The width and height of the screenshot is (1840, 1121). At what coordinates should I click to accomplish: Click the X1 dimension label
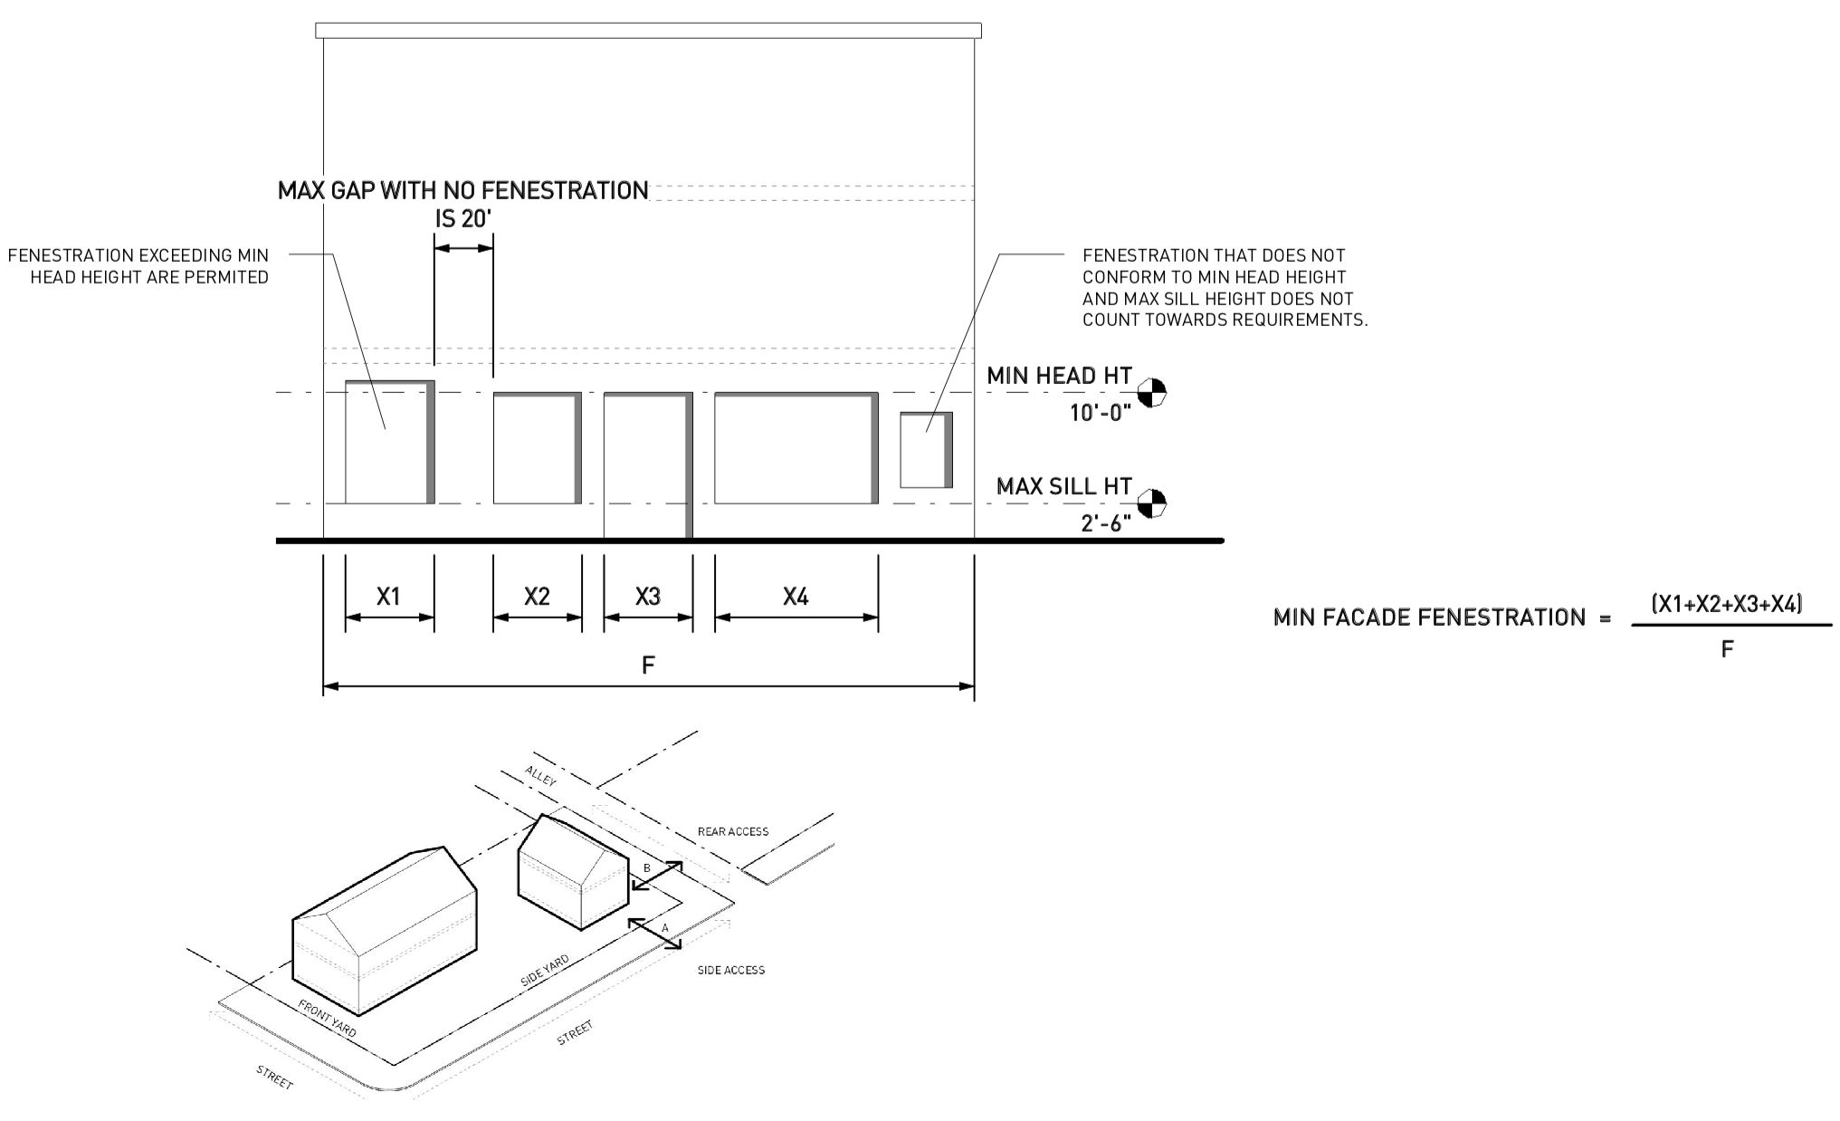(x=388, y=597)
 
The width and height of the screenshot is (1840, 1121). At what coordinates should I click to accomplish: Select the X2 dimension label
(x=537, y=597)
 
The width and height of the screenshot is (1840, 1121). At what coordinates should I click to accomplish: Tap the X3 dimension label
(x=648, y=597)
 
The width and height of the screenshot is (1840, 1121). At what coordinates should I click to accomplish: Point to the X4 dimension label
(x=796, y=597)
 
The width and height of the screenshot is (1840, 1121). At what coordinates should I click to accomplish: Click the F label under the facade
(x=648, y=666)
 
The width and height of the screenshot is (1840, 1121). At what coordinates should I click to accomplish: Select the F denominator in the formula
(x=1727, y=649)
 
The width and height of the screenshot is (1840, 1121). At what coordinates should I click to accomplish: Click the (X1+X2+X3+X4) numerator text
(x=1727, y=604)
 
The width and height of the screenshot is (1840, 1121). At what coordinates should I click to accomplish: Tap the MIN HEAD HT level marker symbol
(x=1152, y=392)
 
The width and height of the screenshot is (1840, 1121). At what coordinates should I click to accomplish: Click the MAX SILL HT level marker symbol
(x=1152, y=503)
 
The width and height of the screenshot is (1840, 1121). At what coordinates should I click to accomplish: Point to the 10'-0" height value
(x=1101, y=413)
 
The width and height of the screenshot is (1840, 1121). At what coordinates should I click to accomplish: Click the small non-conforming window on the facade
(x=925, y=450)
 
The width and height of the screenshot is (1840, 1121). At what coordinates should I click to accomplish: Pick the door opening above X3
(x=647, y=465)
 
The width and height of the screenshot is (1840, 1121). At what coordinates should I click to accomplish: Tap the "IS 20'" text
(x=462, y=219)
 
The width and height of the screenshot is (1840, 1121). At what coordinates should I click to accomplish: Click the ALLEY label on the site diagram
(x=540, y=776)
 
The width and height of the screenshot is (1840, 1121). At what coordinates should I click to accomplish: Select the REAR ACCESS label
(x=733, y=831)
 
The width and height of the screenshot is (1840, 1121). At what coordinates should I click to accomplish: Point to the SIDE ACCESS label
(x=730, y=970)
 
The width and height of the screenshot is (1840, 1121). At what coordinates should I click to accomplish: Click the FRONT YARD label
(x=327, y=1019)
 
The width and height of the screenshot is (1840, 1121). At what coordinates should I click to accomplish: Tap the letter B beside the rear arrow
(x=646, y=868)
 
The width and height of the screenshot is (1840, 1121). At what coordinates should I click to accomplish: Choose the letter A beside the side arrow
(x=664, y=928)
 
